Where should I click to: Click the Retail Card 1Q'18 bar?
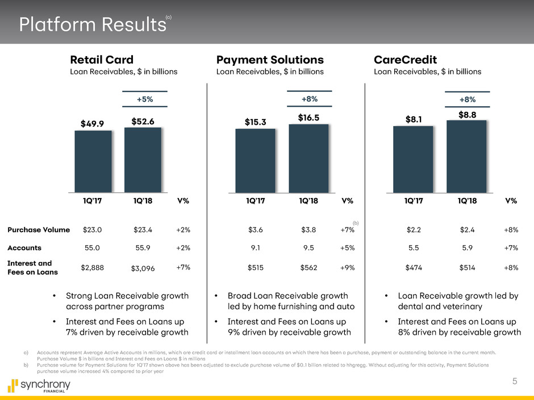(x=143, y=159)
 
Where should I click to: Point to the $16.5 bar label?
(x=308, y=116)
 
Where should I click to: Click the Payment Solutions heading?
(x=270, y=60)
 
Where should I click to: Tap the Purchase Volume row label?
(x=39, y=230)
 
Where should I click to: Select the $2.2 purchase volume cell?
(x=414, y=230)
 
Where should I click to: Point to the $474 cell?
(x=414, y=267)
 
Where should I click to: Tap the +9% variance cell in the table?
(x=347, y=267)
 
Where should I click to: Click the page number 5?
(x=514, y=382)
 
